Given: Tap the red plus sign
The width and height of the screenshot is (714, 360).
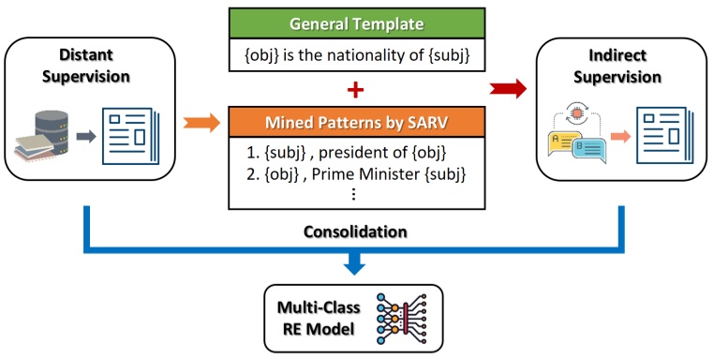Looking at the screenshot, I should pyautogui.click(x=355, y=89).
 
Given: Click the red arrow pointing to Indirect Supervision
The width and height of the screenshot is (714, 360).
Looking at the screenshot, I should pyautogui.click(x=507, y=89).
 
